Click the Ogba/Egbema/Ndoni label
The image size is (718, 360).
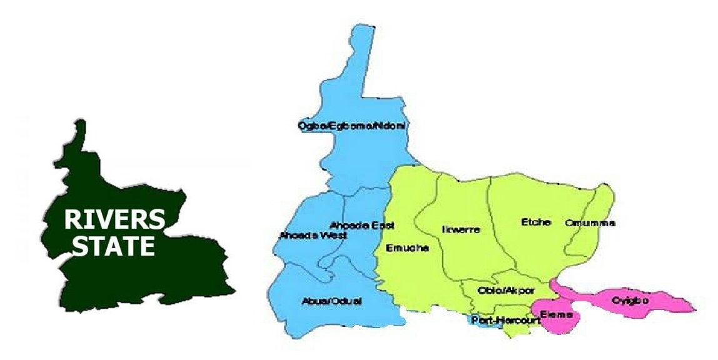352,126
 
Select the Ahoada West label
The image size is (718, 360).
305,236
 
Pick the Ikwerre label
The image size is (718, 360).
461,229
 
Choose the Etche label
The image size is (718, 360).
535,222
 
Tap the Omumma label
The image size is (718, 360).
590,222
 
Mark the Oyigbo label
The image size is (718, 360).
630,301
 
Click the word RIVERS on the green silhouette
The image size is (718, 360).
115,221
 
